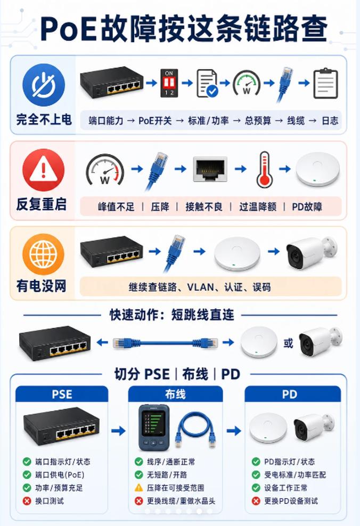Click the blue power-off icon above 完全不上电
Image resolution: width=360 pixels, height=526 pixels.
point(44,85)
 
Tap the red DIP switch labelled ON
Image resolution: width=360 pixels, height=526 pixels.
point(169,83)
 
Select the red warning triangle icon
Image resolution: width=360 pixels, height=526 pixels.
point(43,170)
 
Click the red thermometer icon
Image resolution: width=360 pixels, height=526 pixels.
point(264,169)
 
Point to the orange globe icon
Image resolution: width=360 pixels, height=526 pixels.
point(43,254)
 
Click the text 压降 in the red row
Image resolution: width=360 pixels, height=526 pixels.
point(160,207)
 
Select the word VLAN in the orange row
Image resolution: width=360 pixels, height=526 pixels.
point(200,287)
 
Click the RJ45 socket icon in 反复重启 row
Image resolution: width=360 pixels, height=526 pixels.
point(210,169)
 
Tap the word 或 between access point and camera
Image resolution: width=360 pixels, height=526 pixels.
point(288,343)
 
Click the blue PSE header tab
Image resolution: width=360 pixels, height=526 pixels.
point(62,394)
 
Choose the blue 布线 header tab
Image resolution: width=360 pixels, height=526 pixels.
point(175,394)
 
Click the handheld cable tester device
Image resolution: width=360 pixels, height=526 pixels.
point(154,428)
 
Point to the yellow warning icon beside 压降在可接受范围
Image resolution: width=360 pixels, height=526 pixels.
point(139,488)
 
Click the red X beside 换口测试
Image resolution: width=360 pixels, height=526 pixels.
point(27,501)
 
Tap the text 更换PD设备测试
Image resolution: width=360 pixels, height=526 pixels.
point(291,501)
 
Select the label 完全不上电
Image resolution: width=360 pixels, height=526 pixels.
point(44,119)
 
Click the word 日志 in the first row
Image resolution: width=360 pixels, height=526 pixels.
point(330,121)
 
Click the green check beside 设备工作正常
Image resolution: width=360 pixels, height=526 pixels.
point(256,488)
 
